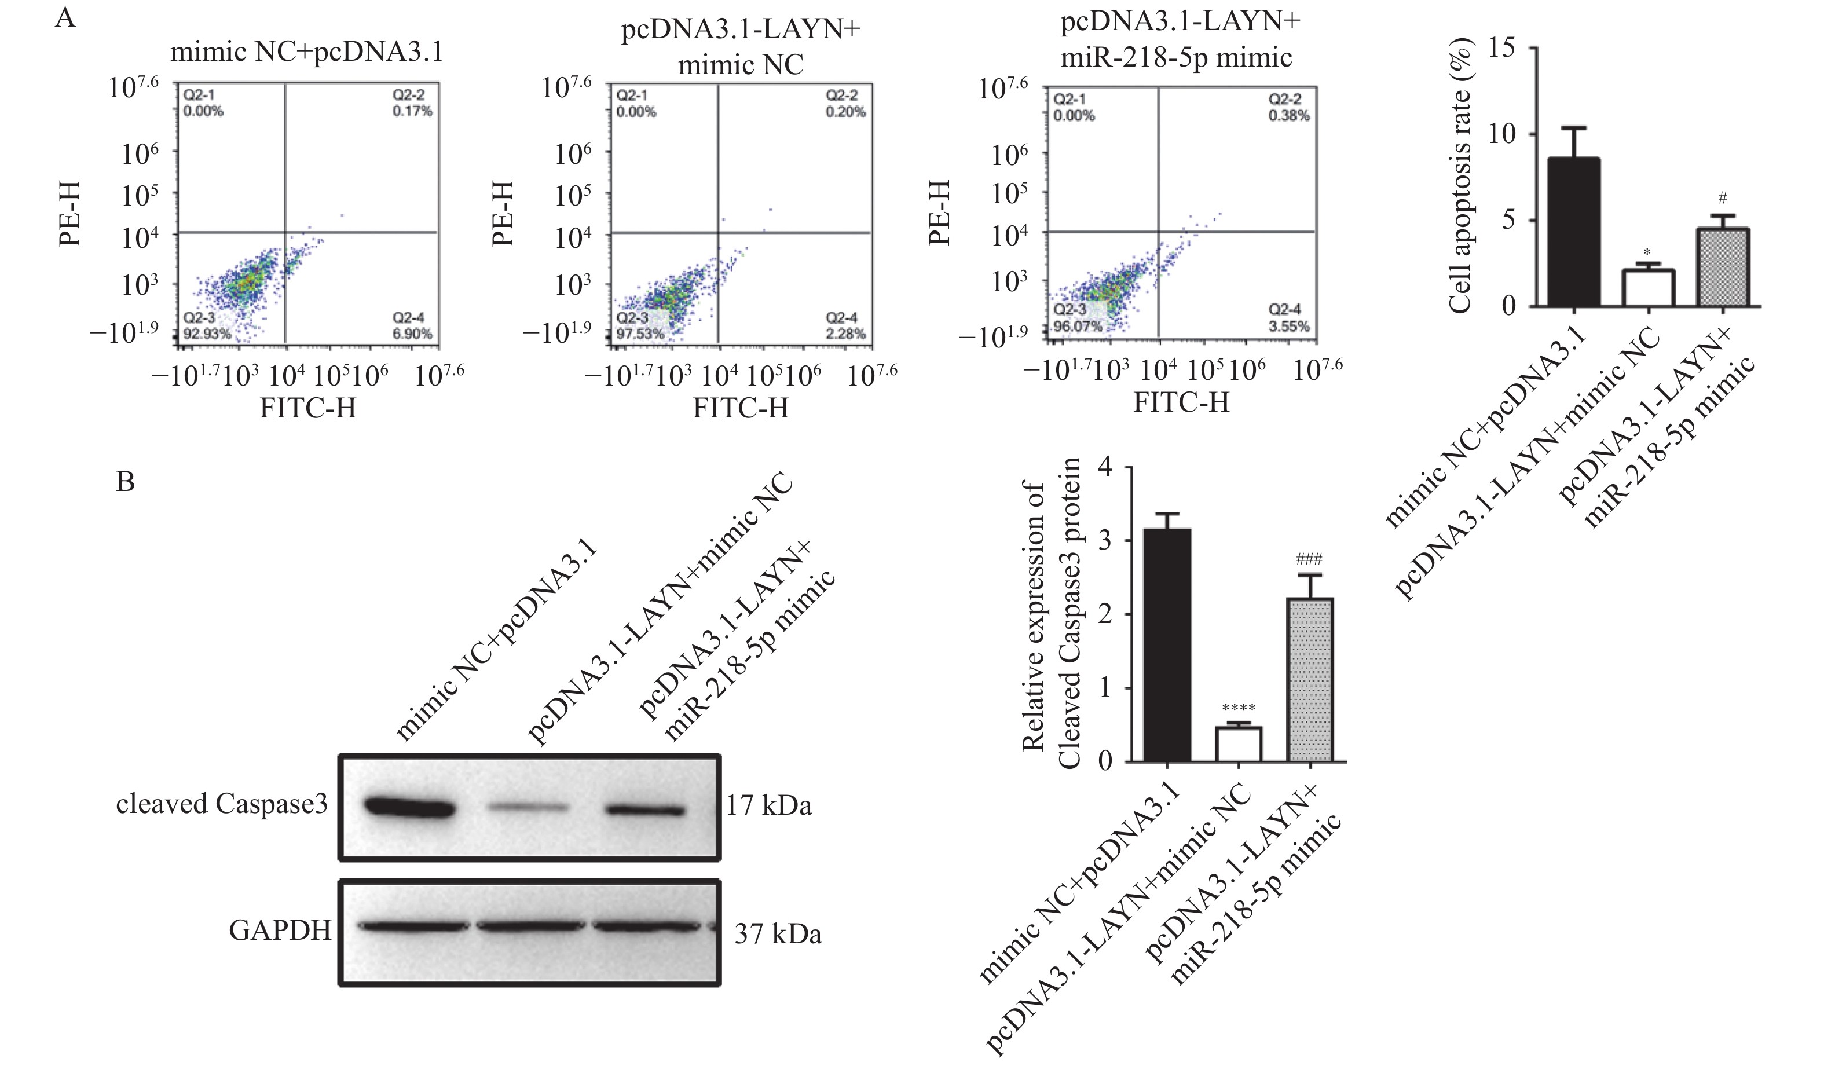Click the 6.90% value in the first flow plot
point(412,334)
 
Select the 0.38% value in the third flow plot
point(1288,116)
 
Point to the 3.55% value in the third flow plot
point(1288,327)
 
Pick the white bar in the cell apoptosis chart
point(1648,288)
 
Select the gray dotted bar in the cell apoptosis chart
point(1723,268)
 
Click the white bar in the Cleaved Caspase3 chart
point(1239,744)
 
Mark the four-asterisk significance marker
point(1239,708)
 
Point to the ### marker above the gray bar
point(1309,559)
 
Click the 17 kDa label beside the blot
point(770,805)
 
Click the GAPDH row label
point(279,930)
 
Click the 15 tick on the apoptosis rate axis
point(1502,49)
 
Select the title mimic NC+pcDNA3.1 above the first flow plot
point(306,52)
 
